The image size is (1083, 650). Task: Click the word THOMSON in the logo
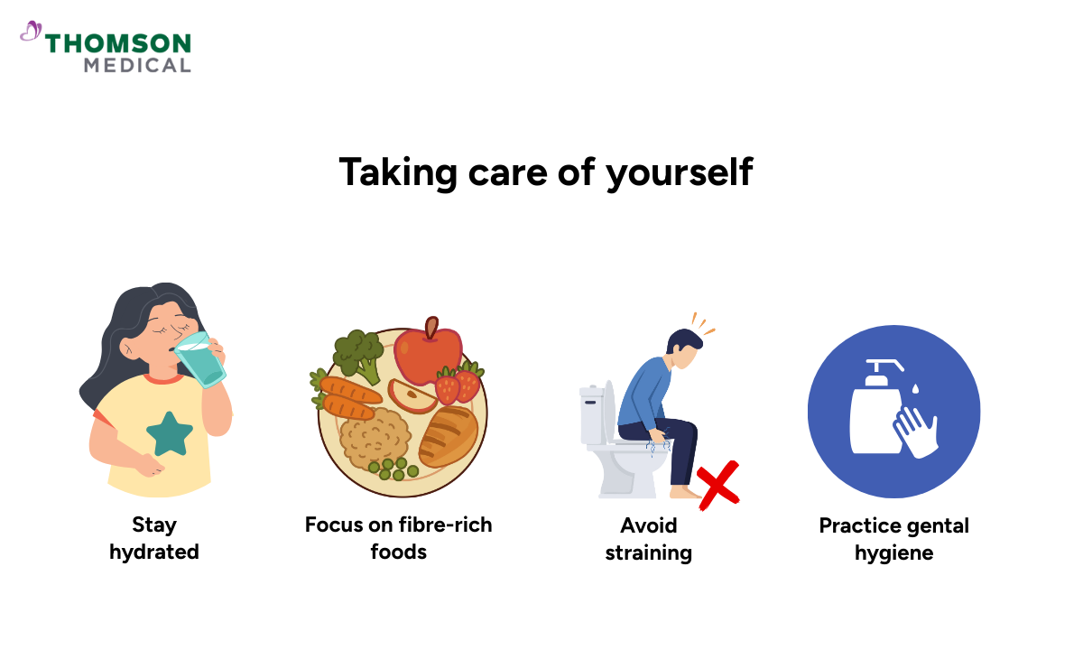[x=118, y=43]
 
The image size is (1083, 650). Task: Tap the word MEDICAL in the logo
[x=137, y=65]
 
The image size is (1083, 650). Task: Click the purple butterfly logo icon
[x=31, y=32]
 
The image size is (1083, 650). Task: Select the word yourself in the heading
[x=680, y=172]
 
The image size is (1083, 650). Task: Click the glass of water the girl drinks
[x=200, y=358]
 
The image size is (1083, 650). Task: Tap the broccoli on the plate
[x=358, y=354]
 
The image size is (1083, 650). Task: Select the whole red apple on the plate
[x=427, y=352]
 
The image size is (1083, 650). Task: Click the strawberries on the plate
[x=458, y=383]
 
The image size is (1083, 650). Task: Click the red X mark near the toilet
[x=717, y=484]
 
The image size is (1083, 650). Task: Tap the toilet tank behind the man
[x=592, y=415]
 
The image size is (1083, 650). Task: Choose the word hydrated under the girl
[x=154, y=552]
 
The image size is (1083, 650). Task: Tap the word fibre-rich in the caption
[x=446, y=525]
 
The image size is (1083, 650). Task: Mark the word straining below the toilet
[x=648, y=552]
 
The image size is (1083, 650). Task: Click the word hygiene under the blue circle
[x=893, y=552]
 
